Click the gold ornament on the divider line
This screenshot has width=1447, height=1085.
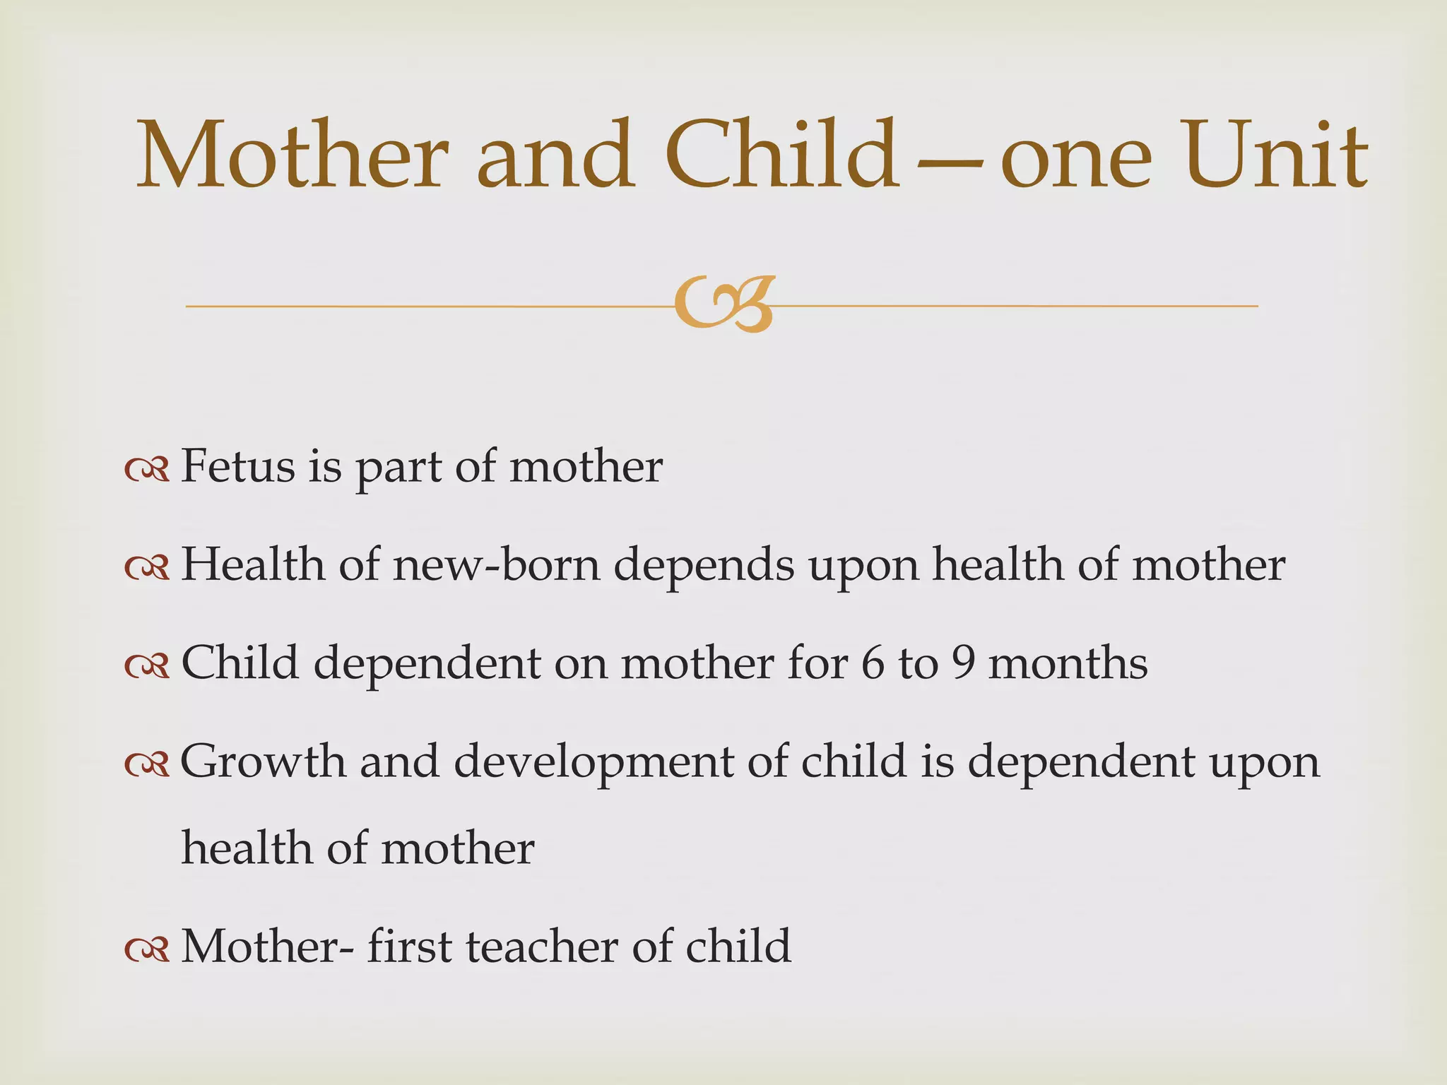(724, 304)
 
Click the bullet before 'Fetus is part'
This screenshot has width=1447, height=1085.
(147, 469)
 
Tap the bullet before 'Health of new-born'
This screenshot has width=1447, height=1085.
(147, 567)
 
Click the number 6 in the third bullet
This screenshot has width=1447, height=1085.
(873, 664)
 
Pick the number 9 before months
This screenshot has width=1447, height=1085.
(963, 664)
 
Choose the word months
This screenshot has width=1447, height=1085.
(1068, 664)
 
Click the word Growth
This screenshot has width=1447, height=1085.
(263, 762)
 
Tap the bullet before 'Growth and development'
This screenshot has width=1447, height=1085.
(147, 764)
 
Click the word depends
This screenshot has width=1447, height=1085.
(704, 567)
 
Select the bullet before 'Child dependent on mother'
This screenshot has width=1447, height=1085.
(147, 665)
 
